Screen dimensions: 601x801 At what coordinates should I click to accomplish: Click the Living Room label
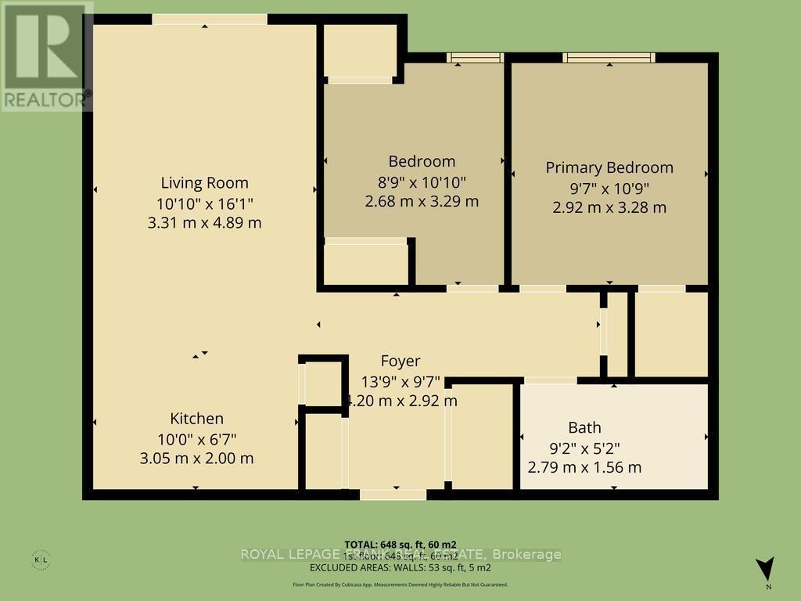[x=204, y=183]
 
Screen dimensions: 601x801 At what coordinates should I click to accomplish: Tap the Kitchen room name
[x=197, y=419]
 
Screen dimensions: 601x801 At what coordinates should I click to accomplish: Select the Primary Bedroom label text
[x=609, y=167]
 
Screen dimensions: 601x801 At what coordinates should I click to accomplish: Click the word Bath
[x=584, y=427]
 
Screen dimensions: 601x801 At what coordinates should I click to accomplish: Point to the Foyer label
[x=400, y=361]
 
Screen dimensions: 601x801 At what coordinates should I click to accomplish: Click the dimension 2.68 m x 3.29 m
[x=422, y=201]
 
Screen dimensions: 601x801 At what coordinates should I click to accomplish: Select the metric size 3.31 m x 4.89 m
[x=204, y=222]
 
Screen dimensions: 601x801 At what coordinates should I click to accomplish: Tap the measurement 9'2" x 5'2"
[x=584, y=448]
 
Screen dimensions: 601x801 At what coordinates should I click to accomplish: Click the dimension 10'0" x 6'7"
[x=197, y=438]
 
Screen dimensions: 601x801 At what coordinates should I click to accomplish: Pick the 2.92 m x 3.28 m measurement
[x=609, y=207]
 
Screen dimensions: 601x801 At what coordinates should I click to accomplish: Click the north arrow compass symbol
[x=766, y=569]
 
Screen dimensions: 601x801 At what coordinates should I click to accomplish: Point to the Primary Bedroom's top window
[x=609, y=57]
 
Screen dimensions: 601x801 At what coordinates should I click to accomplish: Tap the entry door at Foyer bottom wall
[x=393, y=495]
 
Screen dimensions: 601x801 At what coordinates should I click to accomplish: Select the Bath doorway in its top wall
[x=550, y=381]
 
